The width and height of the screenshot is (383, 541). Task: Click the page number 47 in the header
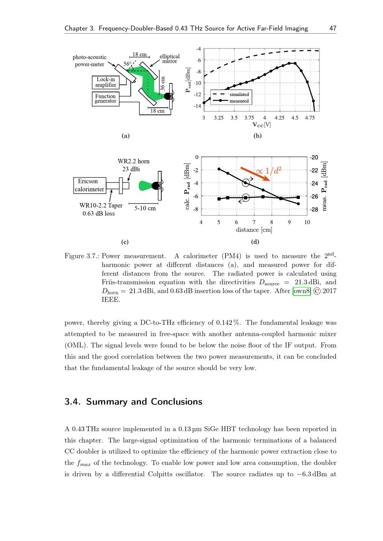pos(333,28)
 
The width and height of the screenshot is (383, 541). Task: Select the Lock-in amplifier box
pos(105,82)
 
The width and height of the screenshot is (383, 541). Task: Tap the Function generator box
pos(105,99)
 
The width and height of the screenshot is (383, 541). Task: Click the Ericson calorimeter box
pos(89,185)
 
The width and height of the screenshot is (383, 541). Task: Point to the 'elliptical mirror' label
pos(169,59)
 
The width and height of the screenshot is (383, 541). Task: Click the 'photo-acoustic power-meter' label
pos(89,61)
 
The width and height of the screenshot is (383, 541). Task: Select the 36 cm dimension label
pos(162,83)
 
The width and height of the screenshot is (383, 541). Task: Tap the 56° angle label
pos(127,64)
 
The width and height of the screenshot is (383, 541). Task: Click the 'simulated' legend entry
pos(239,95)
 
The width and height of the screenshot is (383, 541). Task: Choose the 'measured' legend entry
pos(239,101)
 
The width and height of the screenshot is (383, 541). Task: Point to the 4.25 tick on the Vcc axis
pos(280,118)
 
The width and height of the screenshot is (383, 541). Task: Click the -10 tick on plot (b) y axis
pos(198,83)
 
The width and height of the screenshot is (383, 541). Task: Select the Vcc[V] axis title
pos(261,125)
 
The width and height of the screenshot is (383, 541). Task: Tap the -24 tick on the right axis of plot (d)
pos(314,184)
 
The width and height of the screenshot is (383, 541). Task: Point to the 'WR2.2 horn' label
pos(133,161)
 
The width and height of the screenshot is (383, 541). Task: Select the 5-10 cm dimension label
pos(145,209)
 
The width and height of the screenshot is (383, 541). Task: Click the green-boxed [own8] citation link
pos(302,291)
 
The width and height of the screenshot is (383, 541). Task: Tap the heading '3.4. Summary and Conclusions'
pos(133,402)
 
